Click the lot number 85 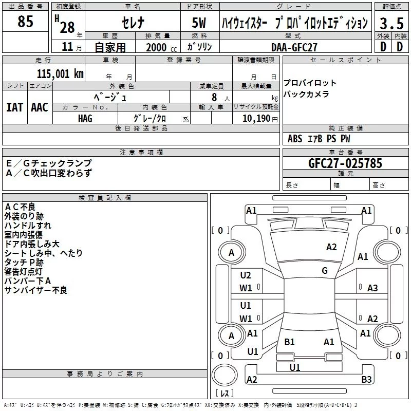pos(25,22)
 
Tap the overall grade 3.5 pos(390,23)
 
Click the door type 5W pos(200,23)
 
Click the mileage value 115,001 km pos(60,74)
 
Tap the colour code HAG pos(85,118)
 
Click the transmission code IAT pos(14,107)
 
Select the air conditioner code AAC pos(40,107)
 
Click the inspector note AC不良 pos(20,207)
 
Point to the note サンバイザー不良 pos(35,290)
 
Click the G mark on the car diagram pos(325,271)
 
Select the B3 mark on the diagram pos(366,379)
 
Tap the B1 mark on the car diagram pos(289,342)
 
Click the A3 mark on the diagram pos(372,288)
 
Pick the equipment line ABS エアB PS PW pos(319,139)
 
